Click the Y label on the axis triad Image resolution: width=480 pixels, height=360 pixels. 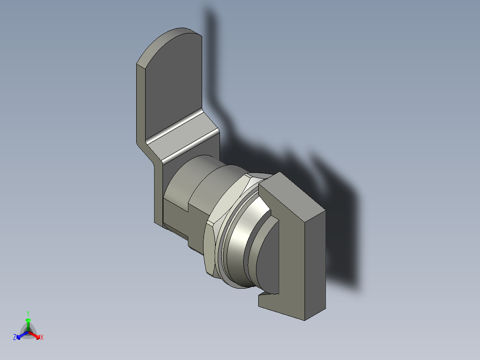[x=28, y=313]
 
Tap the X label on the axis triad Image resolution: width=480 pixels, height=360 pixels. [x=42, y=338]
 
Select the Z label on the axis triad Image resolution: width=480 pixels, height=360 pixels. [x=15, y=338]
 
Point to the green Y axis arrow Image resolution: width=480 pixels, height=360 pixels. [x=28, y=322]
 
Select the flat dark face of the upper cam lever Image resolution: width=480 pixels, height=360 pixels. [x=174, y=85]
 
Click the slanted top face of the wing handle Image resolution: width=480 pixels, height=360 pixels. [x=292, y=196]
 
